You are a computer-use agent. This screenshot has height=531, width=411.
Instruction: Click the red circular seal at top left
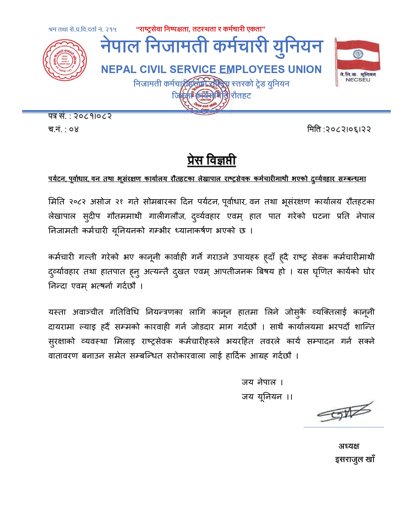[x=65, y=60]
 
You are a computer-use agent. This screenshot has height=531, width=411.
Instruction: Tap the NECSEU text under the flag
[x=358, y=80]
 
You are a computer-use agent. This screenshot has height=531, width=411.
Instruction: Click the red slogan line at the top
[x=201, y=29]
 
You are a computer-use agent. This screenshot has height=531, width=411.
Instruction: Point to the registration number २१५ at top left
[x=111, y=30]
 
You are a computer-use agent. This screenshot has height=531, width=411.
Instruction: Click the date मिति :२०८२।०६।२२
[x=339, y=129]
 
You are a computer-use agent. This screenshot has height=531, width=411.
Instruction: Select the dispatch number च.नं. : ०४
[x=64, y=129]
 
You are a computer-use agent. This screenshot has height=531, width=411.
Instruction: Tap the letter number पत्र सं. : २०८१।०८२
[x=80, y=116]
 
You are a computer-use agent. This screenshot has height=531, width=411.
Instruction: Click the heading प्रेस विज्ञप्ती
[x=211, y=160]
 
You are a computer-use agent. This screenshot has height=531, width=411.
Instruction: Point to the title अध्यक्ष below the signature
[x=348, y=446]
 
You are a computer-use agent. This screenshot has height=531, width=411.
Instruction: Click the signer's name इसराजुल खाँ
[x=355, y=460]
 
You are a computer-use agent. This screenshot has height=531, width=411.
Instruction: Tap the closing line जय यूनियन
[x=267, y=397]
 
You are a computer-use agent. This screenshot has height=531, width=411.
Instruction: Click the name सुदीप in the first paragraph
[x=92, y=216]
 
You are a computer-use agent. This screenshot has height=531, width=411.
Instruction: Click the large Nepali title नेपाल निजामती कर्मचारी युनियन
[x=211, y=46]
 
